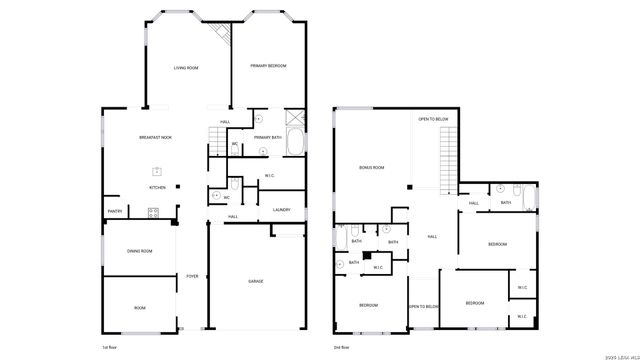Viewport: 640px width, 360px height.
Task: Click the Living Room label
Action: pos(187,68)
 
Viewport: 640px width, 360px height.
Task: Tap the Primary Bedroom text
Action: pos(268,66)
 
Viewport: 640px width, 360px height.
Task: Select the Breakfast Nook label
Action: pos(155,137)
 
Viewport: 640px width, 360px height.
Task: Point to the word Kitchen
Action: pos(157,187)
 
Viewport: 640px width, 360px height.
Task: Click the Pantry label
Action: pos(115,211)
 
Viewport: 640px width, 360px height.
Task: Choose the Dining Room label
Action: pos(139,251)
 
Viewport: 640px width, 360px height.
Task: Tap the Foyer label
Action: pos(192,276)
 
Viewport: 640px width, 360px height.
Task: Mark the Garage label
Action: pos(256,282)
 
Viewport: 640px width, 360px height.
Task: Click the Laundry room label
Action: pos(281,209)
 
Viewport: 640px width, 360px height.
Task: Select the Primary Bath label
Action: pos(267,137)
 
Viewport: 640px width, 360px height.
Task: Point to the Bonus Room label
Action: pos(372,167)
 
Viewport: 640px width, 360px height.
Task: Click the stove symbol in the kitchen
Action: pos(154,211)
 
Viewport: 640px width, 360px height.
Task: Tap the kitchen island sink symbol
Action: pos(157,170)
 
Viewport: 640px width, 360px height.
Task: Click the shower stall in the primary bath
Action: pos(295,116)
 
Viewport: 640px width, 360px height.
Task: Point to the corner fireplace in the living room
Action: pos(224,33)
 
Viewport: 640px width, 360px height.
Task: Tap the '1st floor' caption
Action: pos(109,346)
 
